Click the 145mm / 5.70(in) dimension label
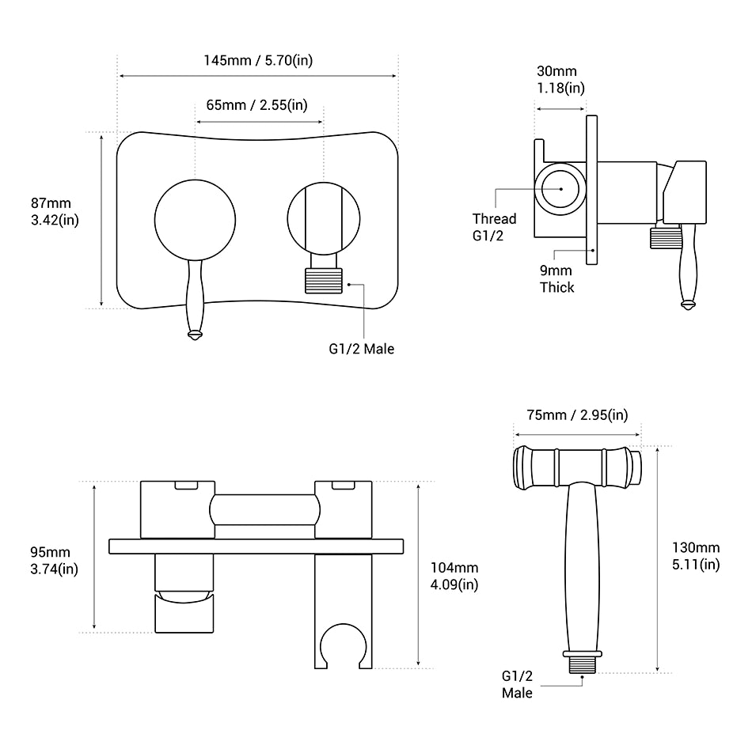pyautogui.click(x=257, y=61)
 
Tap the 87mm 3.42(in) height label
pyautogui.click(x=54, y=211)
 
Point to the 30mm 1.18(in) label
pyautogui.click(x=560, y=80)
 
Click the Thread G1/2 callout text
pyautogui.click(x=494, y=226)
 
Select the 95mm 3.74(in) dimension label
pyautogui.click(x=54, y=560)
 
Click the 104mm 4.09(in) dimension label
pyautogui.click(x=454, y=576)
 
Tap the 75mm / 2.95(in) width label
pyautogui.click(x=577, y=415)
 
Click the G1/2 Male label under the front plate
pyautogui.click(x=362, y=348)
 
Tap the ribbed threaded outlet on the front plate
pyautogui.click(x=326, y=280)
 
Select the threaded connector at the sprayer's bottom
pyautogui.click(x=583, y=662)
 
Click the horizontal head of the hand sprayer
pyautogui.click(x=577, y=466)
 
